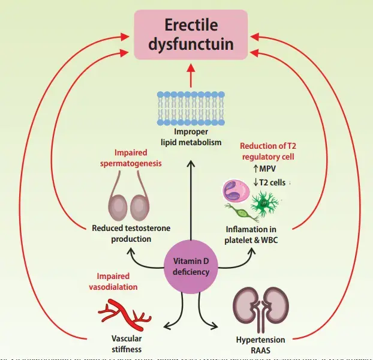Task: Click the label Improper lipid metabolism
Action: tap(190, 137)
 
